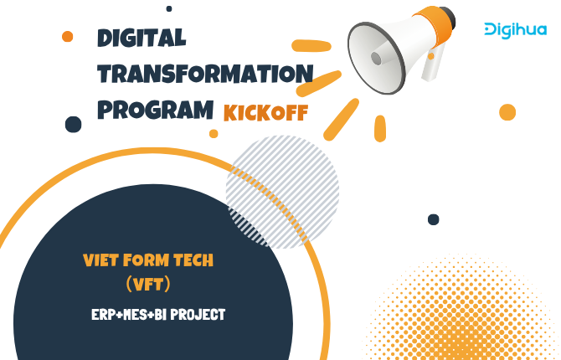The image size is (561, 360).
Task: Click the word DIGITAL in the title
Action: [142, 38]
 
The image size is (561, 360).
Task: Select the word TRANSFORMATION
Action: [205, 74]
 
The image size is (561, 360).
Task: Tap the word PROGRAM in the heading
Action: [155, 110]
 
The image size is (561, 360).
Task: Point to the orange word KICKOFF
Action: [265, 113]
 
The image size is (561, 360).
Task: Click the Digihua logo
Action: [516, 31]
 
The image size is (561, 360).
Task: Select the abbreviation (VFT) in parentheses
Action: [148, 285]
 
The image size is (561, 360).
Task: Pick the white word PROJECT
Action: [198, 315]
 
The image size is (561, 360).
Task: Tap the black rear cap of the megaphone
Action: [450, 18]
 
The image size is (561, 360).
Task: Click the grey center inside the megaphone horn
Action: [377, 59]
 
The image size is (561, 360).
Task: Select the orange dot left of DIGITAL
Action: [67, 36]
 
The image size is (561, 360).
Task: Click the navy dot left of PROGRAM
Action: [74, 124]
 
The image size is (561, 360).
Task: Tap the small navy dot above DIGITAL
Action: [169, 8]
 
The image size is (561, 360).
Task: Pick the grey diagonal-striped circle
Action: [282, 192]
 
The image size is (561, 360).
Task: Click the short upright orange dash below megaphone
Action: [380, 128]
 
